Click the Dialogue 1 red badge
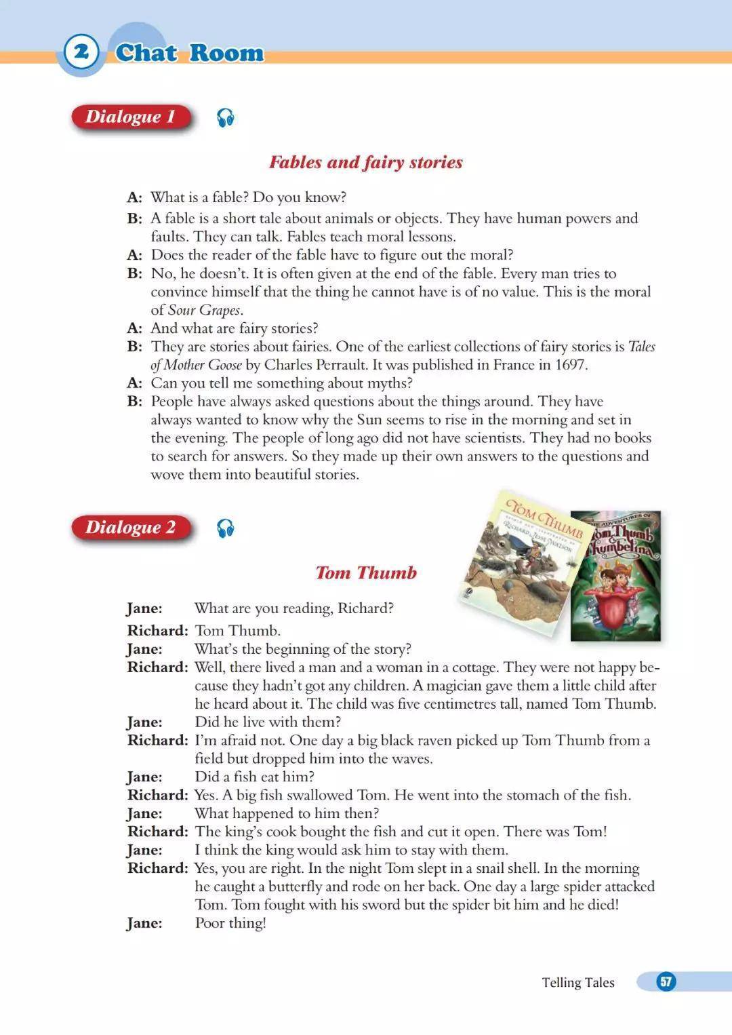click(130, 117)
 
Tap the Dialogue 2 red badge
click(130, 528)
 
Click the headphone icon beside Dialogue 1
click(226, 118)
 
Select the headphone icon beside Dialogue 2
click(226, 528)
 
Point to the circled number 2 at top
click(81, 52)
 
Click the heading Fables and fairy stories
click(366, 162)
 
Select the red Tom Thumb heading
click(366, 573)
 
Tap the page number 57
click(666, 981)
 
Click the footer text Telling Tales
click(578, 982)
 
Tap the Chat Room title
click(189, 53)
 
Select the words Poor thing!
click(230, 923)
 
